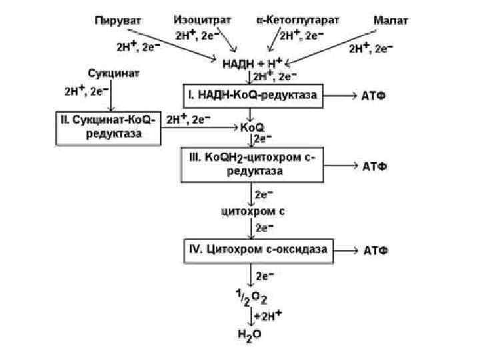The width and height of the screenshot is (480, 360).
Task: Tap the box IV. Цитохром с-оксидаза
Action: (x=257, y=251)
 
